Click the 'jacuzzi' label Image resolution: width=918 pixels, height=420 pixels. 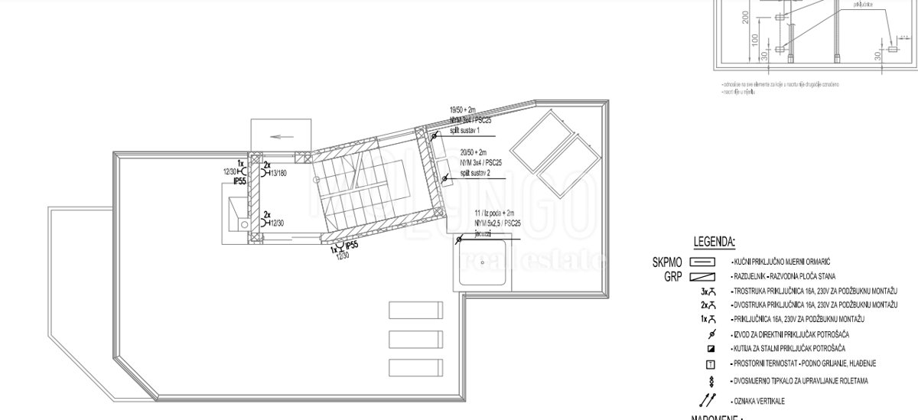484,233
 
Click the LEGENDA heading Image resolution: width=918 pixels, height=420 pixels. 714,243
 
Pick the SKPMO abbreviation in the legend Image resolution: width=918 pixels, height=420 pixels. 667,262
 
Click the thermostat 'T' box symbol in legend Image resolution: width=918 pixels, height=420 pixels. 711,363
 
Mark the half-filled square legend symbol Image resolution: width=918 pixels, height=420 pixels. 711,349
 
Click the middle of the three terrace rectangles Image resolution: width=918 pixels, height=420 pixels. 415,338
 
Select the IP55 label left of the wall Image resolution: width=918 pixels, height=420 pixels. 239,181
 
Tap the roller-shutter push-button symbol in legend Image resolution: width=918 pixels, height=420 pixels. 711,380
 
